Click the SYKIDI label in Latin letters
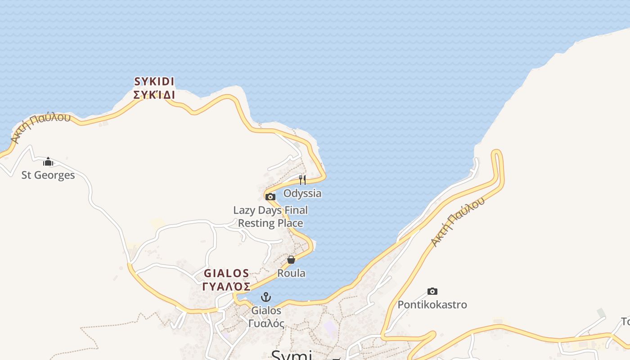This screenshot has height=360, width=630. [154, 81]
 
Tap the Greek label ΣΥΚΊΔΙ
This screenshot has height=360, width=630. [154, 95]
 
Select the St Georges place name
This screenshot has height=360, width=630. [48, 175]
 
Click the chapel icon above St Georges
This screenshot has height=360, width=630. [48, 162]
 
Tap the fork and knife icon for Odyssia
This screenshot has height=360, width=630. [302, 180]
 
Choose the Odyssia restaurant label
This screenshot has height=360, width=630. [302, 193]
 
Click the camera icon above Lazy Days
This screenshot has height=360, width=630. [270, 197]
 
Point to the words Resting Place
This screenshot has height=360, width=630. [270, 223]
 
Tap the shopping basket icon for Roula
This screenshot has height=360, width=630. [291, 260]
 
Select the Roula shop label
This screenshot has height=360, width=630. [291, 273]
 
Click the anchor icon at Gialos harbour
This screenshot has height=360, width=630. [266, 297]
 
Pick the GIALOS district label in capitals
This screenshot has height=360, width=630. [226, 273]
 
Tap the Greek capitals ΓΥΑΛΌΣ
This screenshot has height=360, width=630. [226, 287]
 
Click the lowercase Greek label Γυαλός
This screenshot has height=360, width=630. [266, 323]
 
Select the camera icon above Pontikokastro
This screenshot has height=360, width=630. [432, 291]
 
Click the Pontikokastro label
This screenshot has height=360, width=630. [432, 305]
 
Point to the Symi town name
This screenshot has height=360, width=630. [292, 355]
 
